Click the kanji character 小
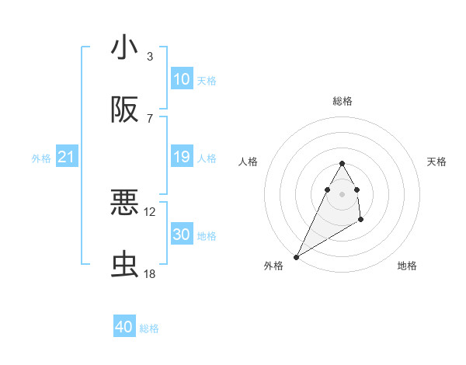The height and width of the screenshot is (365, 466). [x=124, y=47]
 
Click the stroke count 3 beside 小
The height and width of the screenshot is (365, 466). [x=149, y=56]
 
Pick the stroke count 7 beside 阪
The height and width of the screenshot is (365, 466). [x=149, y=118]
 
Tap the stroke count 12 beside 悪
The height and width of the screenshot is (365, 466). [x=150, y=211]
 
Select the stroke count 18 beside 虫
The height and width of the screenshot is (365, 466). [x=150, y=273]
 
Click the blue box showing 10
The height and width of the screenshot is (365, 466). [x=181, y=79]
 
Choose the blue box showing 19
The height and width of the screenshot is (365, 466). [x=181, y=157]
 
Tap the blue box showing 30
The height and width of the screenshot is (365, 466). [x=181, y=235]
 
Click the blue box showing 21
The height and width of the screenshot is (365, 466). [x=67, y=157]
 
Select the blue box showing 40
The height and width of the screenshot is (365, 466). [x=124, y=327]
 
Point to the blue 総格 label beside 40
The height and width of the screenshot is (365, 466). [x=149, y=328]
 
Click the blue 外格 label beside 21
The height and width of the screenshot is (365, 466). [x=41, y=158]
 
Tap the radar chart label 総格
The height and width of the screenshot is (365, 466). [x=342, y=102]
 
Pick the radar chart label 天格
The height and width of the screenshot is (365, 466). [x=437, y=162]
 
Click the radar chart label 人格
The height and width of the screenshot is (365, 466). [x=248, y=162]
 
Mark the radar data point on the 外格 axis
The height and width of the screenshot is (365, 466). [x=296, y=256]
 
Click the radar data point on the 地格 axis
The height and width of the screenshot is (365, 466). [x=361, y=221]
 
